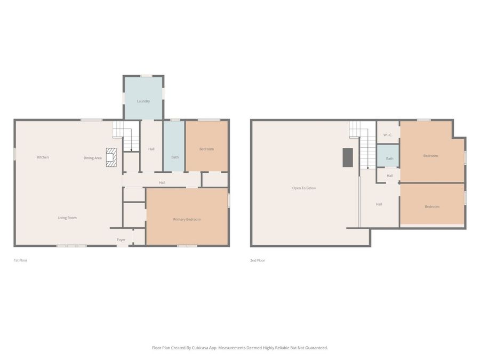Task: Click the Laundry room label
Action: click(143, 101)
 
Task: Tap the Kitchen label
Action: click(43, 157)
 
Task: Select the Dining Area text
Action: click(93, 158)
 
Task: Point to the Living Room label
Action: click(67, 218)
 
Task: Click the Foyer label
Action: click(121, 240)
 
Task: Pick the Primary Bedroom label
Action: click(187, 219)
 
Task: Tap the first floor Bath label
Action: click(175, 157)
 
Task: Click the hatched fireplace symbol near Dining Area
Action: click(111, 157)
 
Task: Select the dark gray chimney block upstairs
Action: click(348, 157)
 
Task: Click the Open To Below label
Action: click(304, 188)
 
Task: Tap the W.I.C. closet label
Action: click(388, 135)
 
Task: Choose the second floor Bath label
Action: click(390, 158)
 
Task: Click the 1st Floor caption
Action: click(20, 260)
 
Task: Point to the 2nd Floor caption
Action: click(258, 260)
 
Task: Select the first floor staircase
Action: click(126, 135)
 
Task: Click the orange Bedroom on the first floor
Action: click(206, 149)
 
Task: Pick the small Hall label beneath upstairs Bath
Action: click(390, 175)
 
